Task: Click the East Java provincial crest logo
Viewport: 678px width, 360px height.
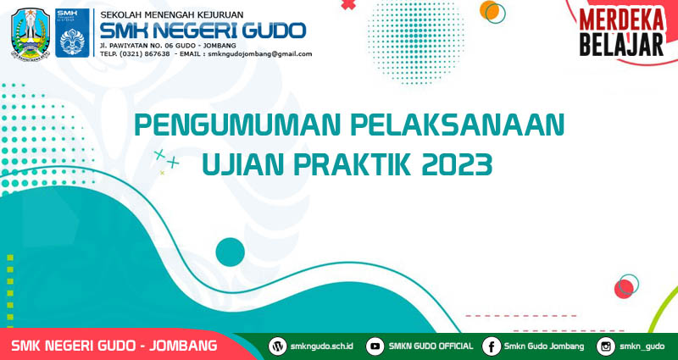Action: pyautogui.click(x=31, y=33)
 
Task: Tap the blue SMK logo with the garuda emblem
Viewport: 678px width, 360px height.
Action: pyautogui.click(x=72, y=33)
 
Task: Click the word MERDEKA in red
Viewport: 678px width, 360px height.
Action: pyautogui.click(x=622, y=19)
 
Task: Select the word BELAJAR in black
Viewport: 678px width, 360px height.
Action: pyautogui.click(x=622, y=45)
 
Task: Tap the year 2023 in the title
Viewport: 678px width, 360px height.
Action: pyautogui.click(x=457, y=164)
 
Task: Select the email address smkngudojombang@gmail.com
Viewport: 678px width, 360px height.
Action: pyautogui.click(x=259, y=54)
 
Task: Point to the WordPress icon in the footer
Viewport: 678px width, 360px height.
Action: pyautogui.click(x=277, y=346)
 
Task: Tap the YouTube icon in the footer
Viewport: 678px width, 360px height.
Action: pyautogui.click(x=375, y=346)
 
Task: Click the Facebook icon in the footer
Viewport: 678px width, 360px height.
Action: pyautogui.click(x=492, y=346)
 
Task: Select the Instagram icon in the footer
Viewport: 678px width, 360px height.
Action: pyautogui.click(x=605, y=346)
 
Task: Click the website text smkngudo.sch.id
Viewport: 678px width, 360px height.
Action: pyautogui.click(x=322, y=346)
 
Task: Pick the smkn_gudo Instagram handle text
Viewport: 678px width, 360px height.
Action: pyautogui.click(x=642, y=346)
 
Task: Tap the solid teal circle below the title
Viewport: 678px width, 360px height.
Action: pyautogui.click(x=230, y=252)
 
